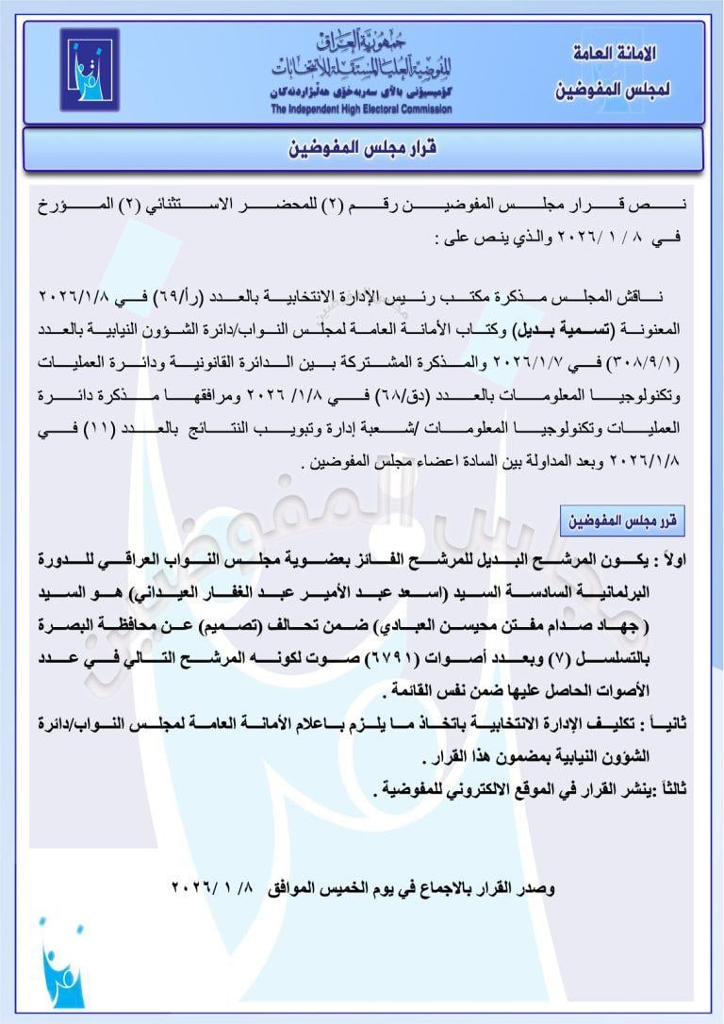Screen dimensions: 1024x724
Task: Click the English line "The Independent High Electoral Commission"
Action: pos(361,108)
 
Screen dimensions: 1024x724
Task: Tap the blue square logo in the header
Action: pos(90,69)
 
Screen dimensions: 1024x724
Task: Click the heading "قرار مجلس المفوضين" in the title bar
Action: pos(363,149)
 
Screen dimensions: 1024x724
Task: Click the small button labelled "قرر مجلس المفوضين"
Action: pos(622,520)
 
